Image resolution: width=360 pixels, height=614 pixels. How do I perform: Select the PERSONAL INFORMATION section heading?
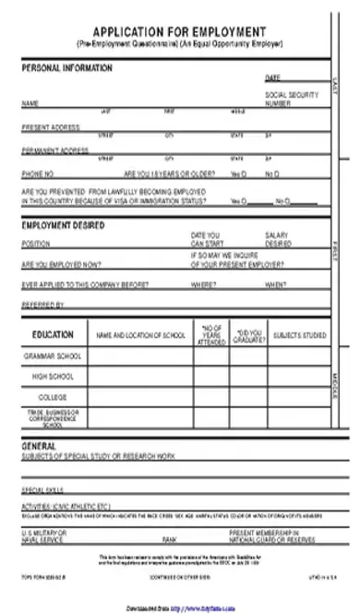point(66,68)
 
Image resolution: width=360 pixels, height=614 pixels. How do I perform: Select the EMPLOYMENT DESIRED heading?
point(63,224)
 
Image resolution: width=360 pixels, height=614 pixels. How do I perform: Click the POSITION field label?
point(35,245)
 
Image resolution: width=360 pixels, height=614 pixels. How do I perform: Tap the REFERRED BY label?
point(42,304)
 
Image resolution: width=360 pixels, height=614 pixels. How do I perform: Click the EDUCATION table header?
point(53,334)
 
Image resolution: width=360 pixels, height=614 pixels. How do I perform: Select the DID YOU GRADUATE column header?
point(249,334)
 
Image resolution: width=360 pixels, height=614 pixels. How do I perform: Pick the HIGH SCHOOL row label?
point(53,377)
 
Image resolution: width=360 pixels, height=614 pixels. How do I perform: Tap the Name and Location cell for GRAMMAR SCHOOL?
point(138,355)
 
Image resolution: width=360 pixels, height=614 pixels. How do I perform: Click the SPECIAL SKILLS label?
point(42,489)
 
